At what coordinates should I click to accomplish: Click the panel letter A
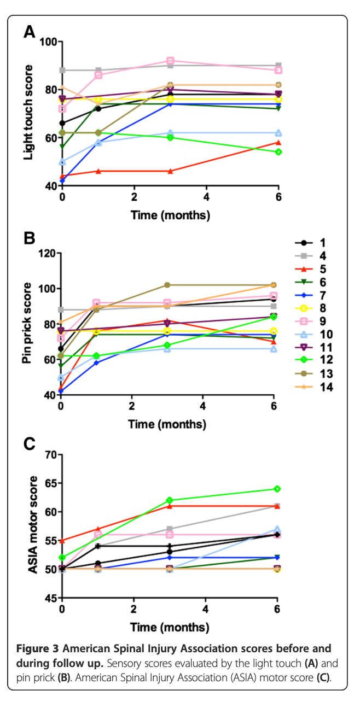(x=30, y=32)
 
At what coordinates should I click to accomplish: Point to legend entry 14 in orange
(x=310, y=387)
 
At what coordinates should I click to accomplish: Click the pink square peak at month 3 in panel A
(x=170, y=61)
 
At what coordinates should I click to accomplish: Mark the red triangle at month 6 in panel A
(x=278, y=142)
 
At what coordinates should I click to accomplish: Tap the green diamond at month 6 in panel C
(x=277, y=489)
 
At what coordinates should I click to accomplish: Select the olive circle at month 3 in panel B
(x=167, y=285)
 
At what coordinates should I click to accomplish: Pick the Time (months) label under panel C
(x=170, y=627)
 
